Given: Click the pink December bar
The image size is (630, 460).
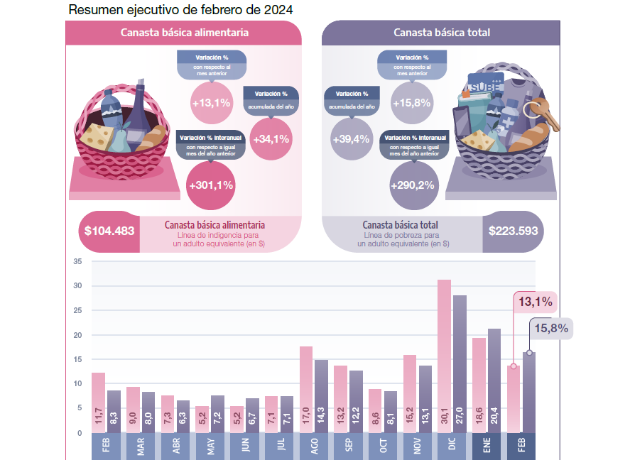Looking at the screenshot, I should [x=444, y=355].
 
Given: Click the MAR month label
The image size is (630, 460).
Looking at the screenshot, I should [x=141, y=447].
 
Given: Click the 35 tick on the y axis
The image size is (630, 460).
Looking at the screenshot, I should [x=78, y=262].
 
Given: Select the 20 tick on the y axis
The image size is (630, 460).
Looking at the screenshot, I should [x=78, y=335].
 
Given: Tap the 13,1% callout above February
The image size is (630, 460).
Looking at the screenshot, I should [x=535, y=302].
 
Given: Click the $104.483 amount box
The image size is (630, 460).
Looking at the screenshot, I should [x=109, y=231].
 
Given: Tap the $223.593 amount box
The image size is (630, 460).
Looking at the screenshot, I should [x=513, y=231].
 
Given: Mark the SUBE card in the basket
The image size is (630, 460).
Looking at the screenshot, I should [x=485, y=85].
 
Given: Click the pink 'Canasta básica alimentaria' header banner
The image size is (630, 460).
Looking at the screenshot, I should [x=184, y=33].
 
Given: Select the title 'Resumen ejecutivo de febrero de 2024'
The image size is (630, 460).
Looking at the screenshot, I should [x=180, y=11].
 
